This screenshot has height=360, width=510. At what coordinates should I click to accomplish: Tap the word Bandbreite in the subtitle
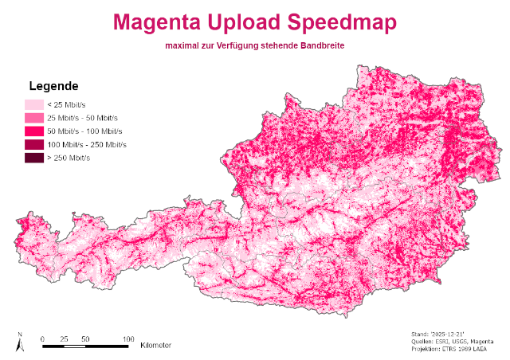coord(322,46)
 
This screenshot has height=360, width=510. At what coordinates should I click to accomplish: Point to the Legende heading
coord(53,86)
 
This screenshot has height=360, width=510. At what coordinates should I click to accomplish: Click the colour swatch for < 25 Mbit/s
coord(33,104)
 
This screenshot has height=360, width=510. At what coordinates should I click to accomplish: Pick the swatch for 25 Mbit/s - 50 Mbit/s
coord(33,118)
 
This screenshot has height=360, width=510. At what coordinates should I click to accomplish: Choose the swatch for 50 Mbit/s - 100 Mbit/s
coord(33,131)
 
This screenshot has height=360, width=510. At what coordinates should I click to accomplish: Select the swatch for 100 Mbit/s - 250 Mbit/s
coord(33,144)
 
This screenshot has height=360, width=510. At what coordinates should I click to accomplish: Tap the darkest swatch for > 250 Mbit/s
coord(33,158)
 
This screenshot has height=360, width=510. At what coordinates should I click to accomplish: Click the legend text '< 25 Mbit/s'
coord(68,104)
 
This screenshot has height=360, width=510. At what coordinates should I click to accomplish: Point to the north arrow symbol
coord(19,342)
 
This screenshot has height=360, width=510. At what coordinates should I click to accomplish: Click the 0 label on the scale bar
coord(42,338)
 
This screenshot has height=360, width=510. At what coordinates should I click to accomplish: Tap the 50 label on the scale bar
coord(84,338)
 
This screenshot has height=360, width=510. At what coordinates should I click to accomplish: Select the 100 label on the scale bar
coord(127,338)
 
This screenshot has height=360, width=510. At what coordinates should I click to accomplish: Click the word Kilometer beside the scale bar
coord(155,346)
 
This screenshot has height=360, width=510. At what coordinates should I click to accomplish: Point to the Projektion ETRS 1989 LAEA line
coord(452,350)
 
